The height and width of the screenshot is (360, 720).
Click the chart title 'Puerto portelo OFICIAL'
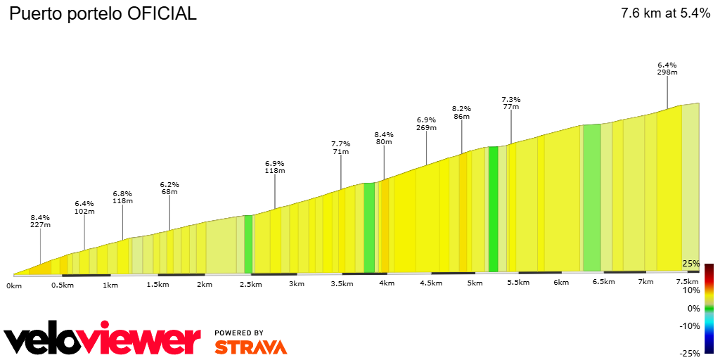click(x=103, y=13)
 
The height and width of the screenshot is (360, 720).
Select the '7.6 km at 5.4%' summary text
click(x=665, y=13)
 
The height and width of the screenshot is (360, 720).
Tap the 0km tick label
click(x=14, y=285)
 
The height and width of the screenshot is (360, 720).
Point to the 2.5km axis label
click(x=251, y=284)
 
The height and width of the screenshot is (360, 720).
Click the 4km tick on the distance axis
click(x=387, y=283)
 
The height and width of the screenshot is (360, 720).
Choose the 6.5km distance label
click(x=603, y=282)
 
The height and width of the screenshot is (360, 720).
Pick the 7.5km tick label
click(x=687, y=281)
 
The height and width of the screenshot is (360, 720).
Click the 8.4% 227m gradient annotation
click(x=40, y=221)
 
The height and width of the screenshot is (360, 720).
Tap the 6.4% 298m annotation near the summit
click(x=667, y=68)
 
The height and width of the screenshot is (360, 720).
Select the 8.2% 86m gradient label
click(x=461, y=112)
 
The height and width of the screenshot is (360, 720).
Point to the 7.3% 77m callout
click(x=511, y=103)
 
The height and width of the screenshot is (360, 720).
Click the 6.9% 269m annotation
click(x=427, y=124)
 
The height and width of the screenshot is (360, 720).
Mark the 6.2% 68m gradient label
click(x=169, y=187)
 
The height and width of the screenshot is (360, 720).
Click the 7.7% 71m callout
click(x=341, y=147)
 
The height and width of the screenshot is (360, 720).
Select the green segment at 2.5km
click(x=248, y=244)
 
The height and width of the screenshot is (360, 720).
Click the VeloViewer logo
click(x=102, y=340)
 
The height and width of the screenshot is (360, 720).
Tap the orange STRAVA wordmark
click(x=250, y=347)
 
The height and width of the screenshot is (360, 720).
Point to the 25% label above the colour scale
click(x=691, y=264)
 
